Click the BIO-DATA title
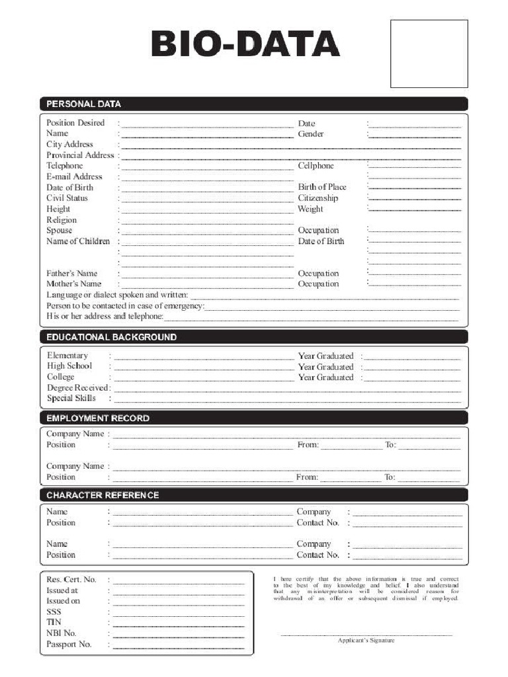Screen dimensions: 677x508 [x=245, y=46]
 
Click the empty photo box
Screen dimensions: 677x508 [x=429, y=54]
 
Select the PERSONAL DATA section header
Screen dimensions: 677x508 [x=83, y=104]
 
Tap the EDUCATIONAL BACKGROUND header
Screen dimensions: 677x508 [x=111, y=337]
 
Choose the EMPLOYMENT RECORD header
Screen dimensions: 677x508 [x=98, y=418]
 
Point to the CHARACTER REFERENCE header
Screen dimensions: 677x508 [x=103, y=495]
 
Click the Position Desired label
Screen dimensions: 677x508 [x=75, y=123]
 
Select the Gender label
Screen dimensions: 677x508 [x=311, y=134]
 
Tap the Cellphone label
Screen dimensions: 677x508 [x=316, y=166]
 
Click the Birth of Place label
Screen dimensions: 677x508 [x=322, y=187]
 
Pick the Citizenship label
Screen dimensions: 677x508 [x=318, y=198]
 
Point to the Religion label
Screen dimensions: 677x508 [x=62, y=220]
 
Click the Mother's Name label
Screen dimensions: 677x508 [x=74, y=284]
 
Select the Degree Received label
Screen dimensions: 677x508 [x=77, y=388]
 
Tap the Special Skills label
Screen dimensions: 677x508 [x=71, y=399]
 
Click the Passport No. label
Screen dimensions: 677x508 [x=69, y=645]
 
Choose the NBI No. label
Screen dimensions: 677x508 [x=62, y=633]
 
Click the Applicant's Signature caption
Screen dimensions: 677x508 [x=366, y=641]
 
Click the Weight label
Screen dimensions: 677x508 [x=310, y=209]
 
